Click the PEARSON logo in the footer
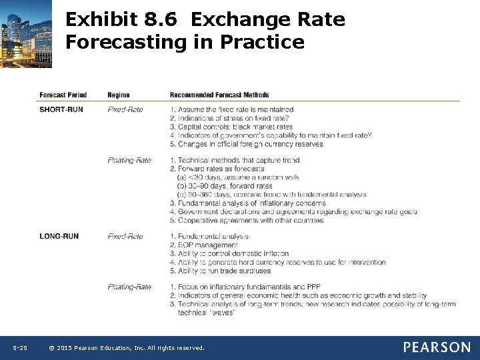click(437, 347)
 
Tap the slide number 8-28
click(20, 348)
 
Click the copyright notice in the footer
click(127, 348)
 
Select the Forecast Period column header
click(63, 95)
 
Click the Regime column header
click(119, 95)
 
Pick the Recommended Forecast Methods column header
click(219, 95)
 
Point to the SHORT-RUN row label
click(61, 109)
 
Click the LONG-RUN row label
click(59, 236)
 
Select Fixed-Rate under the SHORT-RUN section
click(125, 109)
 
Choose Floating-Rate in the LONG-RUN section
click(129, 287)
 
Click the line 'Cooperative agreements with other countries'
click(246, 220)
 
